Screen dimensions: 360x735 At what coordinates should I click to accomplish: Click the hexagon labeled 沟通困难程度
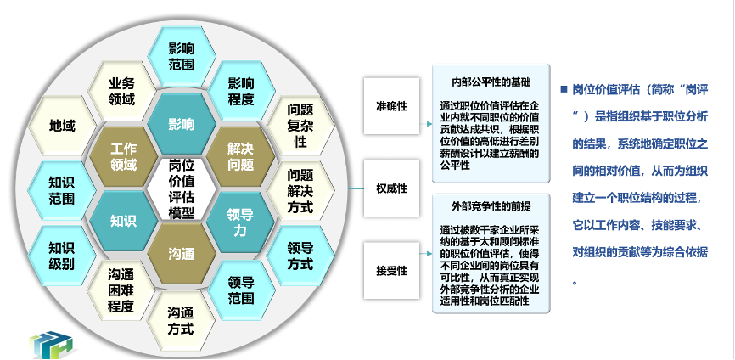(121, 290)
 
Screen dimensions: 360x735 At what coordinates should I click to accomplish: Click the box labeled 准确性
(391, 106)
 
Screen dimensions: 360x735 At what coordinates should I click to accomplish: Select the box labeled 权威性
(391, 188)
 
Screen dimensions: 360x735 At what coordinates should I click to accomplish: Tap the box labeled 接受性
(391, 270)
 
